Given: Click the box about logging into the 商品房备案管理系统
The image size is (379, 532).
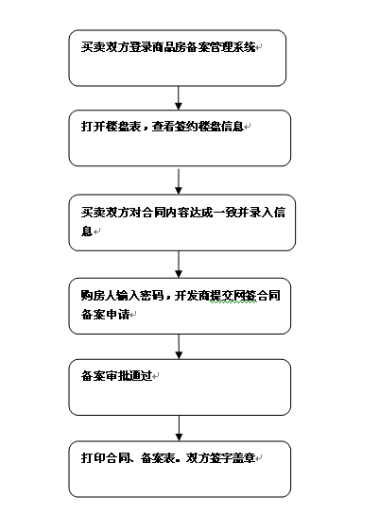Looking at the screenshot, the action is (177, 58).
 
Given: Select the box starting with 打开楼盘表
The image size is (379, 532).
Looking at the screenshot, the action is (180, 138).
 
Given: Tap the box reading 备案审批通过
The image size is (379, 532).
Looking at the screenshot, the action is (180, 387).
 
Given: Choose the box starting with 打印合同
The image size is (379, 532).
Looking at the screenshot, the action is (180, 470).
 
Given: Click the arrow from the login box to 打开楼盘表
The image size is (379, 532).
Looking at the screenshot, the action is (179, 98).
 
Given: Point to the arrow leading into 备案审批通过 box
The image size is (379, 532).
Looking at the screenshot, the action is (179, 347).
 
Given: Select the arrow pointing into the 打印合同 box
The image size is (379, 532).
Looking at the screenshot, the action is (179, 428).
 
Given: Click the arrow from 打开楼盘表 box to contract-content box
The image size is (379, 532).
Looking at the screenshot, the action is (179, 181).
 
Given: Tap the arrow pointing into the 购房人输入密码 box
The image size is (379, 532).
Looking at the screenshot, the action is (179, 265).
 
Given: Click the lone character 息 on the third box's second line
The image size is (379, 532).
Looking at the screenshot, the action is (87, 232).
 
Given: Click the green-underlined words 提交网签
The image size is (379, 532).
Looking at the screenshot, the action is (233, 296).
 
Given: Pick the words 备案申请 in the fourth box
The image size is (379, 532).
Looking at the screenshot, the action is (105, 314).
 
